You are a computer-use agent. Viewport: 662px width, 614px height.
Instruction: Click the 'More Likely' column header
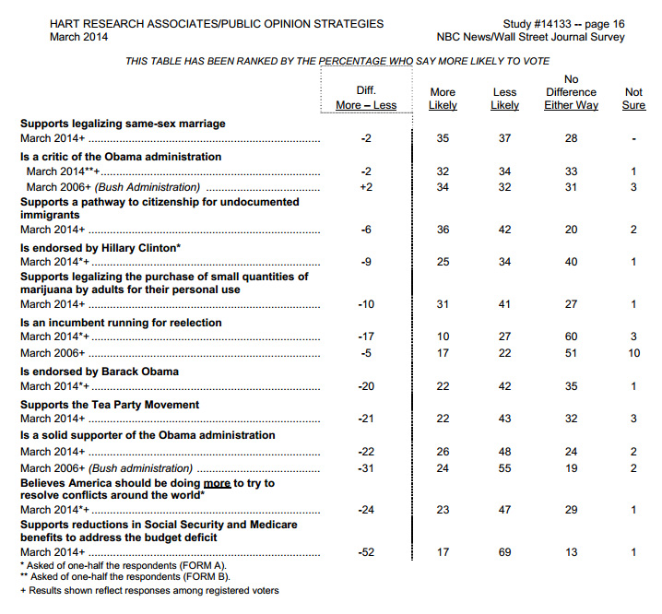[x=443, y=99]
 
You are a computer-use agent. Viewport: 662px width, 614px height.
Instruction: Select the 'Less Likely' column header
[x=504, y=99]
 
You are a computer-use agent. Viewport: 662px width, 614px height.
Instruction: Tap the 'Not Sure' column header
[x=633, y=99]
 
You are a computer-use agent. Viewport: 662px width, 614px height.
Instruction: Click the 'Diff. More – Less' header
[x=366, y=98]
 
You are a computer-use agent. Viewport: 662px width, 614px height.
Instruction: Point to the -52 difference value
[x=366, y=551]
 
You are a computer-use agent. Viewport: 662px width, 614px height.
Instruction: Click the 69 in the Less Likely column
[x=504, y=551]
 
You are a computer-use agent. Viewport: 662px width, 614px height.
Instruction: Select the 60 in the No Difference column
[x=571, y=338]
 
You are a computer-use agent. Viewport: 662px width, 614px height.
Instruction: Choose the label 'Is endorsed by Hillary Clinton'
[x=100, y=247]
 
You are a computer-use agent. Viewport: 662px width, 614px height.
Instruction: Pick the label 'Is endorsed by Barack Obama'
[x=99, y=372]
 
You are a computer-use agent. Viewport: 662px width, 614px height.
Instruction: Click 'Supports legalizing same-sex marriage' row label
[x=123, y=124]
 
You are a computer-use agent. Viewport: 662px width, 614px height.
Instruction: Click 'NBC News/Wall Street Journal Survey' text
[x=530, y=37]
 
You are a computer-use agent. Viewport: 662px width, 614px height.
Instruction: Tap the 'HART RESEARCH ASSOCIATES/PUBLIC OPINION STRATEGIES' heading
[x=217, y=24]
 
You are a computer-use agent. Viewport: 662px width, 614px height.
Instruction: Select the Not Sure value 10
[x=633, y=353]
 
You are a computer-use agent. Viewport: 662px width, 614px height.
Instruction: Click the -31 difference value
[x=366, y=467]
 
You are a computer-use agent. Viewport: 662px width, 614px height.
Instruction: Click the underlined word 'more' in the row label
[x=217, y=483]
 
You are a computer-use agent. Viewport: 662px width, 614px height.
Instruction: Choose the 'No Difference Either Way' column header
[x=571, y=92]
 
